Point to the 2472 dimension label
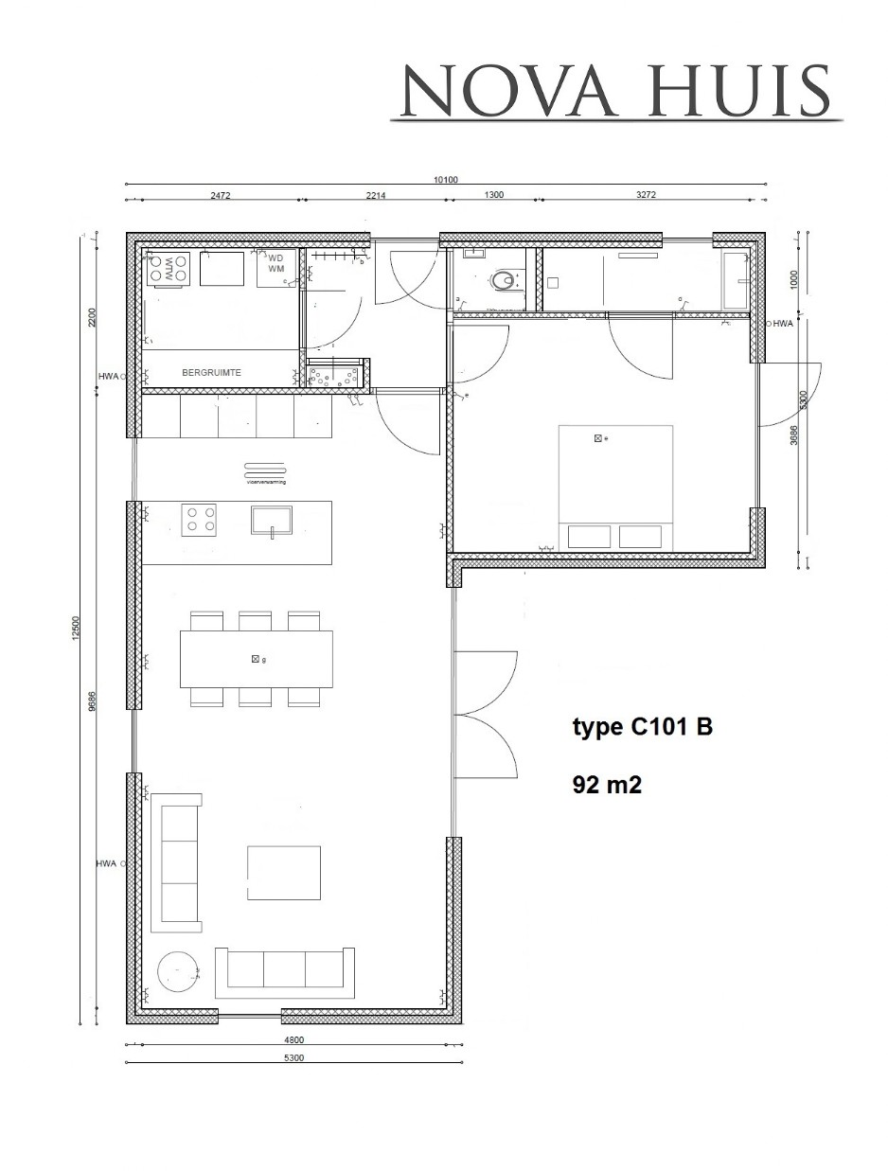coord(221,194)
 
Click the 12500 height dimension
coord(76,627)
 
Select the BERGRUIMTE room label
coord(211,373)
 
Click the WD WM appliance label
coord(276,263)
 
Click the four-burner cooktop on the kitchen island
coord(200,520)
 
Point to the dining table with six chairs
coord(257,659)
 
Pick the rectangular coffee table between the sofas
coord(283,873)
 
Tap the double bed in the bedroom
coord(616,487)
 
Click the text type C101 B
coord(642,727)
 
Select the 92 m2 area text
coord(607,784)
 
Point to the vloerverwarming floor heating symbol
coord(266,472)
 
